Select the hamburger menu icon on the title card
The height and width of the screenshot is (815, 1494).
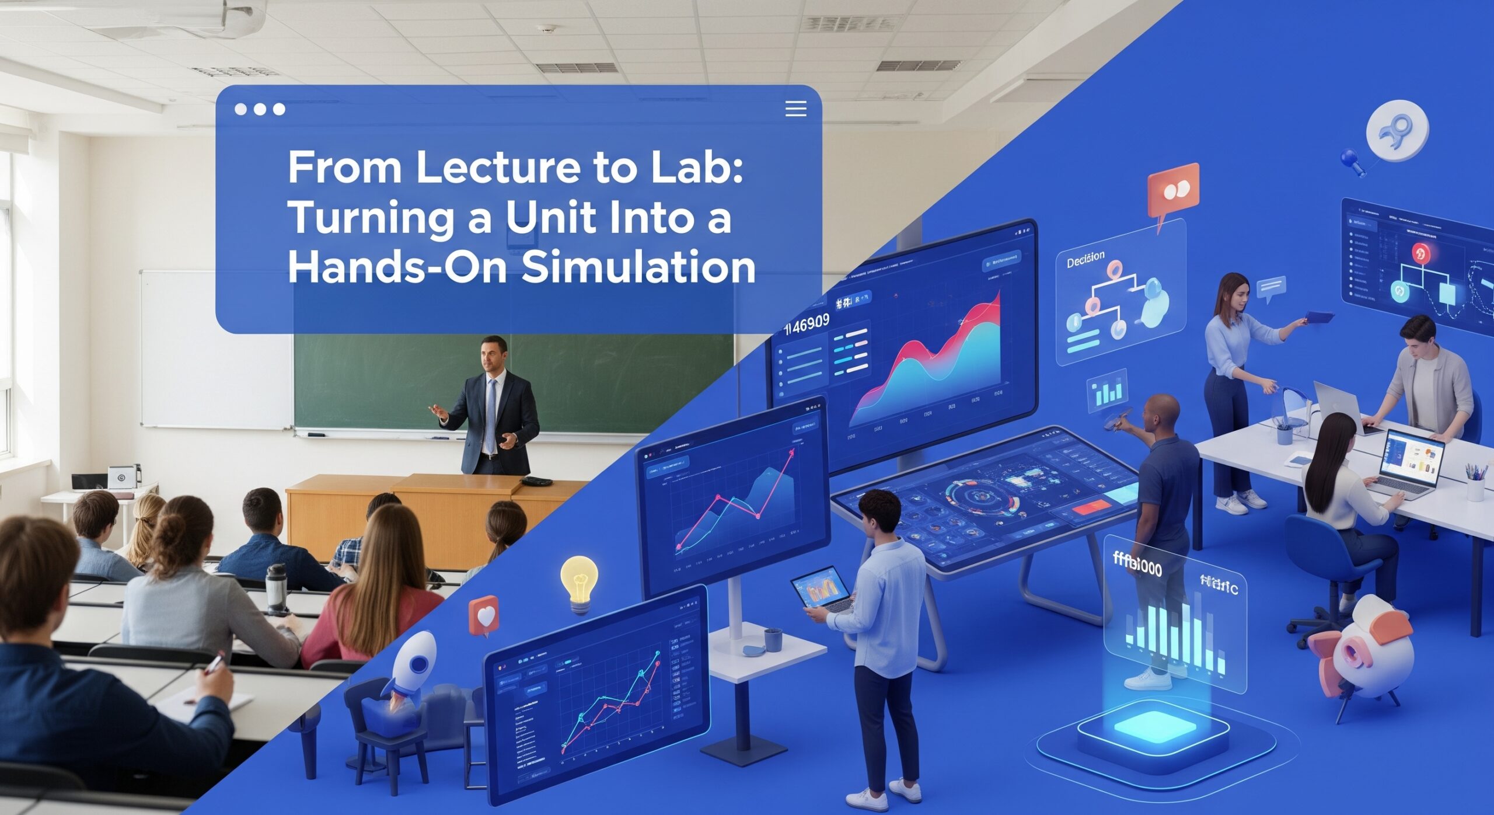(x=795, y=109)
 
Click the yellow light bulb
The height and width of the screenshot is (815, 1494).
(x=579, y=581)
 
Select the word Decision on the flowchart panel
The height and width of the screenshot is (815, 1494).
(x=1085, y=259)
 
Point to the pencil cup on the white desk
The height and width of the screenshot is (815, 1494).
(x=1475, y=484)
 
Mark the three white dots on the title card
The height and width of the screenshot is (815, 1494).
(x=260, y=109)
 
